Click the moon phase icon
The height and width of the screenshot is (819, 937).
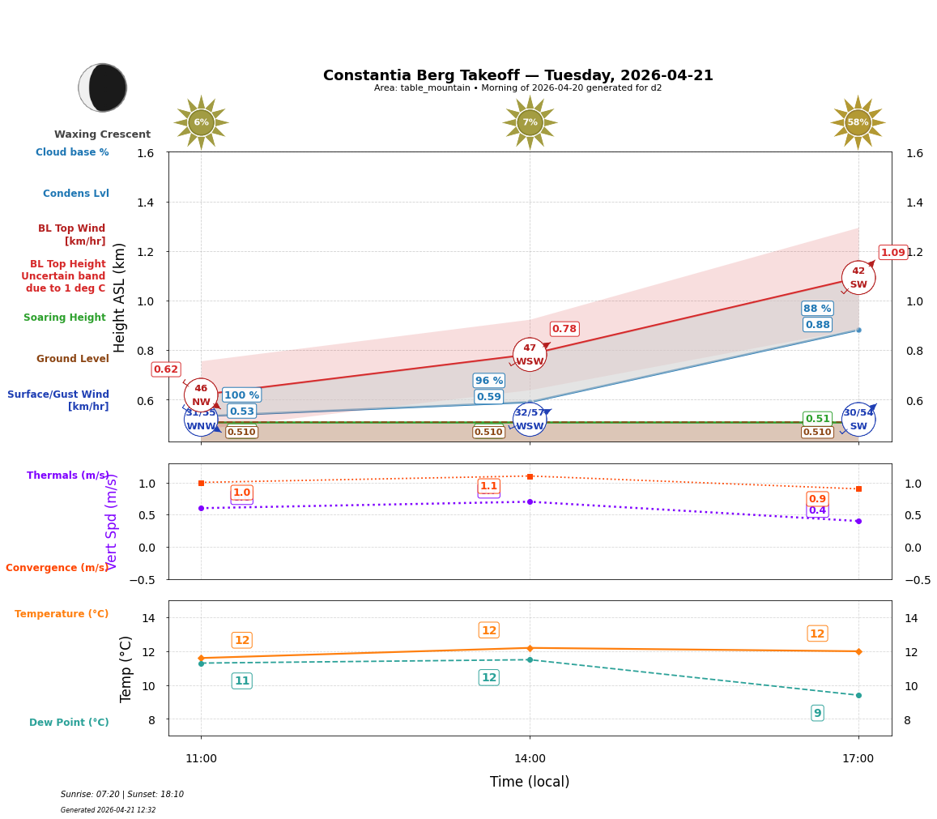point(103,87)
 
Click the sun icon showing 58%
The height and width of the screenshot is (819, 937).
point(858,122)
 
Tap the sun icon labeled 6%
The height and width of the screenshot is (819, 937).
point(201,122)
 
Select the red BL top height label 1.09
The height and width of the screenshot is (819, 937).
point(892,252)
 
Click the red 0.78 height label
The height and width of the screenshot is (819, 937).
point(564,328)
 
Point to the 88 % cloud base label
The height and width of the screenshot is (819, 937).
point(817,308)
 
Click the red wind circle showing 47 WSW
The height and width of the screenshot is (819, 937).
point(530,355)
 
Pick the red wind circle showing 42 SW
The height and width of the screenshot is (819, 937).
point(858,278)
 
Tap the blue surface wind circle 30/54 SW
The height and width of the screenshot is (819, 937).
point(858,420)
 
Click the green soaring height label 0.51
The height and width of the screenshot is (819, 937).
point(817,419)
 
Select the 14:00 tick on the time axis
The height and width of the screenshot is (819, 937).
point(530,758)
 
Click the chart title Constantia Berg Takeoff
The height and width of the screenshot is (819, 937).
point(517,75)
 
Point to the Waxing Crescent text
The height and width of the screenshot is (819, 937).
point(102,134)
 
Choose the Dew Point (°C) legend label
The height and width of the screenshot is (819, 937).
point(69,723)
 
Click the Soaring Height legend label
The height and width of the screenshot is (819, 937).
point(65,318)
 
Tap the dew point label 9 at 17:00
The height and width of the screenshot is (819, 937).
point(817,713)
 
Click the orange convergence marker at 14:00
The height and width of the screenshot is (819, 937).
point(530,476)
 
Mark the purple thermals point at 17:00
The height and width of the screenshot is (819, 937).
point(858,521)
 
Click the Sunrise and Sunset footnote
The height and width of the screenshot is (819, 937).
point(122,795)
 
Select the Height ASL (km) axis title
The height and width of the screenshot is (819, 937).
point(120,297)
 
